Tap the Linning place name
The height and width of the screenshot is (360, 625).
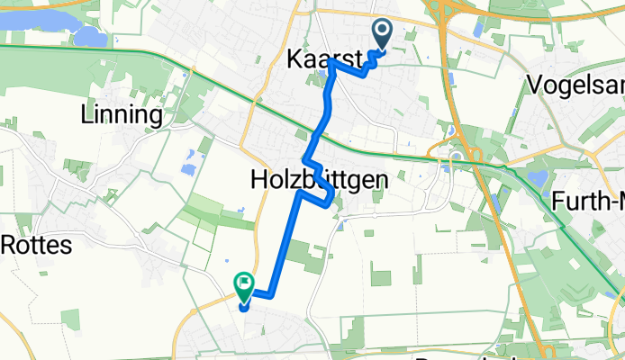[121, 115]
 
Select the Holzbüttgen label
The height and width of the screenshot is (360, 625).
[318, 182]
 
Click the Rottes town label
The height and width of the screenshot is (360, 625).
[35, 244]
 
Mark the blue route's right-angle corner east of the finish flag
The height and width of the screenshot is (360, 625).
[269, 293]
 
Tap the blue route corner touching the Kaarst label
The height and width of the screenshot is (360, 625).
[332, 62]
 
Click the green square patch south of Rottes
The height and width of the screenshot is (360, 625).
[70, 319]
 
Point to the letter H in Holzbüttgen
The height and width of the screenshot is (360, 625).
[256, 182]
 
